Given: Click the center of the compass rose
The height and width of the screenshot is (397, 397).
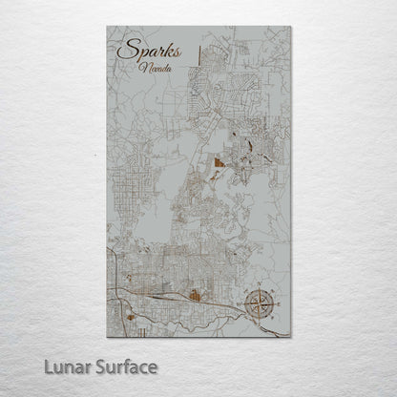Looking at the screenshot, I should (257, 303).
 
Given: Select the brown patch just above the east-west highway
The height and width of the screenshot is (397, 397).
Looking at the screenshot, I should (197, 296).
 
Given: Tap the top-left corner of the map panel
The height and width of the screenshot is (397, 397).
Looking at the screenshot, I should (107, 27).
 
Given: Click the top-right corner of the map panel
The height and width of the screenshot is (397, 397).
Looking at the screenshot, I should (290, 27).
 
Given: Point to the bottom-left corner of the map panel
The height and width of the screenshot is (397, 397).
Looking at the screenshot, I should (107, 337).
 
